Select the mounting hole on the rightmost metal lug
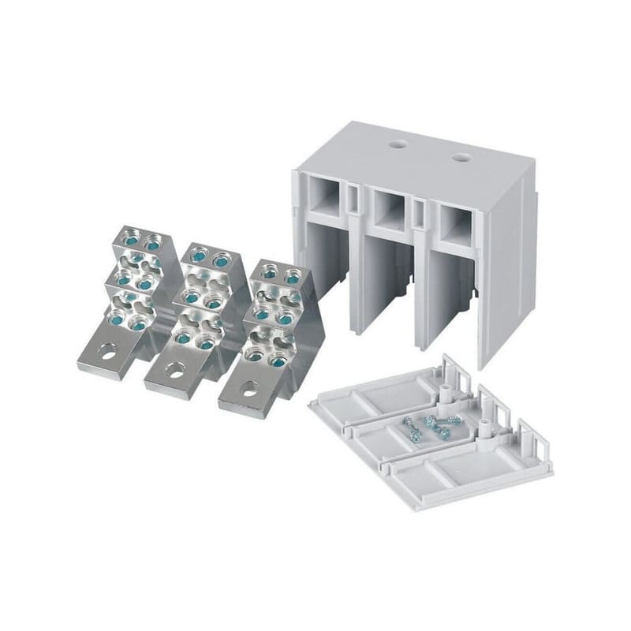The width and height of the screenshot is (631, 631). (249, 388)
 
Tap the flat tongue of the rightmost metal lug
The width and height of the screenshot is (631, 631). (246, 394)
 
